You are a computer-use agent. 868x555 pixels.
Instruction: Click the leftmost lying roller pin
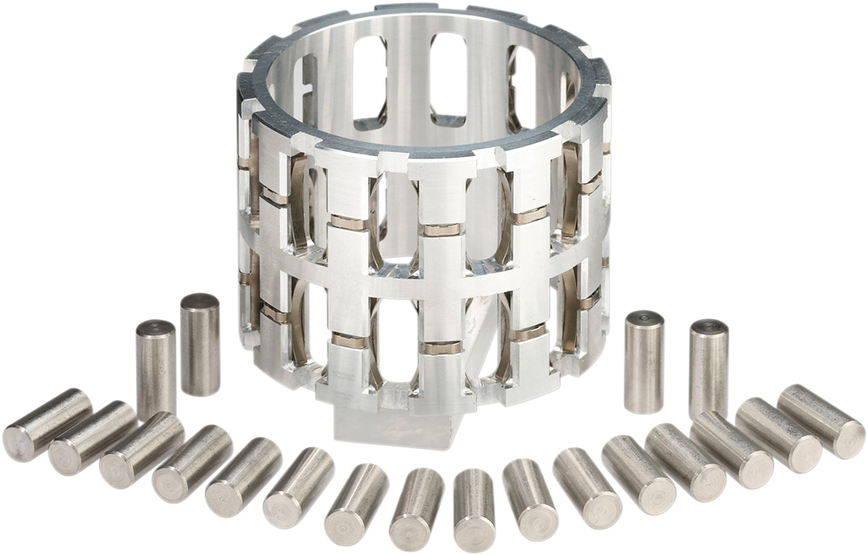point(47,425)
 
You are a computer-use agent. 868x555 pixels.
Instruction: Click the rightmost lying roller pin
point(821,421)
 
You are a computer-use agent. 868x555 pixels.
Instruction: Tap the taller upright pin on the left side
point(199,345)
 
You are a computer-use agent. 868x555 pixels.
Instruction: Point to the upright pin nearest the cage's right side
point(643,362)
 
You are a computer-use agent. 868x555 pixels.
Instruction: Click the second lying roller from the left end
point(93,438)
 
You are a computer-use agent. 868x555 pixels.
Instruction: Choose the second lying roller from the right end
point(778,435)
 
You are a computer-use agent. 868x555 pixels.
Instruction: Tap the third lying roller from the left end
point(142,451)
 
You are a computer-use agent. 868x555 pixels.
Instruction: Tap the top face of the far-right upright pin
point(709,328)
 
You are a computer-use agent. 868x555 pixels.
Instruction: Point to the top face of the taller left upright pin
point(199,302)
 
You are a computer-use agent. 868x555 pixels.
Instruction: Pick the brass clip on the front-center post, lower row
point(441,348)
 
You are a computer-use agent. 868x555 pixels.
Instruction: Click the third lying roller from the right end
point(731,448)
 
